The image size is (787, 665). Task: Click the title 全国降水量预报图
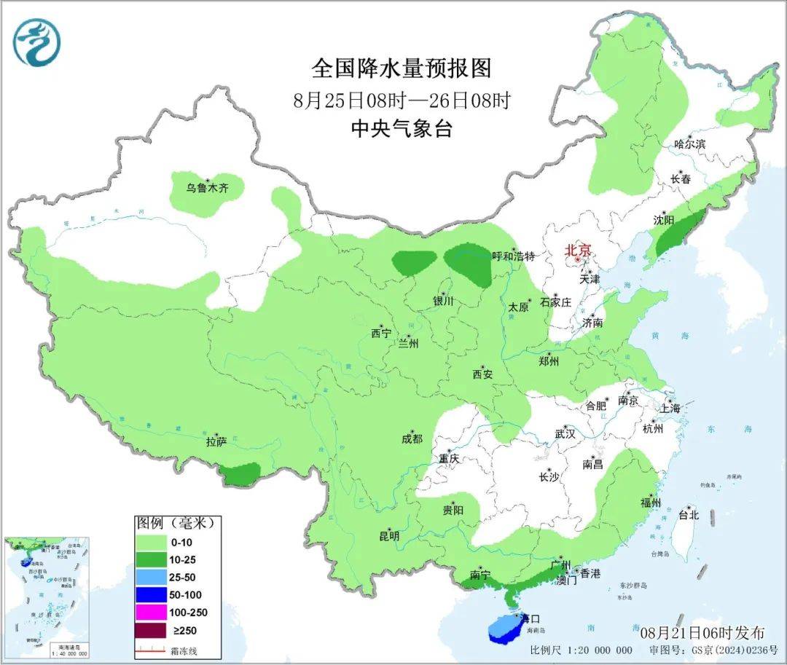point(402,68)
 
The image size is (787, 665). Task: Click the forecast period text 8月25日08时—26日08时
point(402,100)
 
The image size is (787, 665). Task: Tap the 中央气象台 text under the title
point(402,129)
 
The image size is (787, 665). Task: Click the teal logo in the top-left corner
point(36,42)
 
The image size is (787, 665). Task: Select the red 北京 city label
point(581,250)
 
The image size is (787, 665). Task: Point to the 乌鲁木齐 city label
point(206,188)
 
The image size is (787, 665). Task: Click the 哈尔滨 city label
point(689,144)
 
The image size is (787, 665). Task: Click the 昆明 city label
point(389,536)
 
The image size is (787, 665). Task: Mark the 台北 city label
point(688,515)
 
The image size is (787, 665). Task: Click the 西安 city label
point(482,374)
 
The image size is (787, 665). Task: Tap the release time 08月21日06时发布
point(702,631)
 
